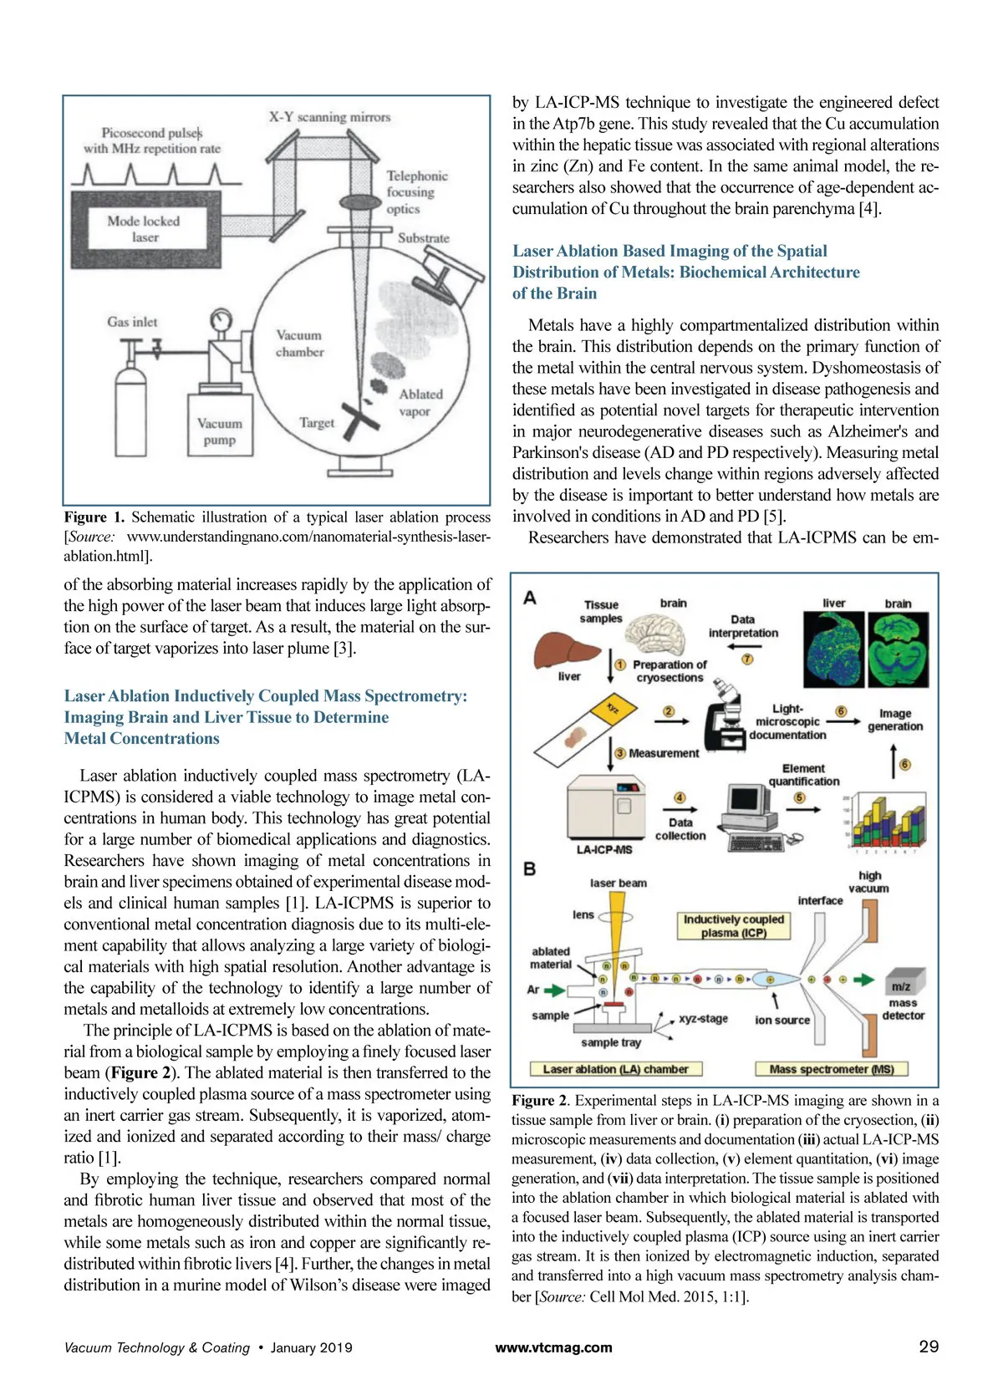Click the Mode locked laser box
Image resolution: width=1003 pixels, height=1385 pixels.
coord(145,228)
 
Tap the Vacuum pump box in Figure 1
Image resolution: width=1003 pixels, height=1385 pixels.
coord(219,431)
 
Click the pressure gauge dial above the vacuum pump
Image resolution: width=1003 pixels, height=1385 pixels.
coord(221,320)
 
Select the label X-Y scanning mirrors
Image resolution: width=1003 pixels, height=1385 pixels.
coord(329,117)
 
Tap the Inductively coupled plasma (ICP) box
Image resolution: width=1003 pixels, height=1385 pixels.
coord(733,925)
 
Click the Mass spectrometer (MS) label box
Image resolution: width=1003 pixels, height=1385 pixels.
coord(831,1069)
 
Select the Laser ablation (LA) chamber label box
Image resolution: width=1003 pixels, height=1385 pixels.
coord(615,1069)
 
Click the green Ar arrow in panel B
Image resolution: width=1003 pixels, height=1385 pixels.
coord(554,990)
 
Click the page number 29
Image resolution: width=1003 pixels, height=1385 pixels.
coord(929,1347)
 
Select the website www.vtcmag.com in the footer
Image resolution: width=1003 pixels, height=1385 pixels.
coord(553,1347)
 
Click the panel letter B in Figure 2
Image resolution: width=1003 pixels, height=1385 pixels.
coord(530,869)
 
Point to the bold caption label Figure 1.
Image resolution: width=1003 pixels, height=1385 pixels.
coord(94,517)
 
